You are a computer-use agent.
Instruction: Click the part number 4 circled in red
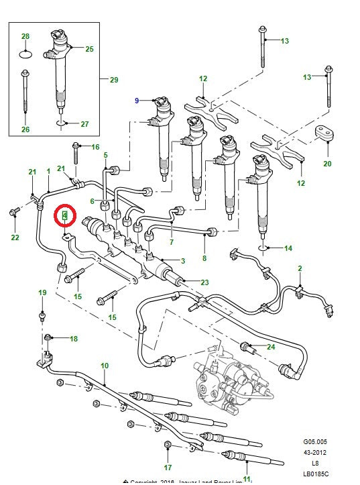pyautogui.click(x=65, y=215)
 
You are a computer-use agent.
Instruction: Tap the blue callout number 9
pyautogui.click(x=137, y=101)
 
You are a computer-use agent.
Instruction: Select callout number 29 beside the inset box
pyautogui.click(x=113, y=80)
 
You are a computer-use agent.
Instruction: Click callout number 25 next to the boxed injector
pyautogui.click(x=89, y=49)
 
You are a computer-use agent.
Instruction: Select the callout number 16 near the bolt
pyautogui.click(x=95, y=147)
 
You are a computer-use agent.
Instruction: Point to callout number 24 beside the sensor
pyautogui.click(x=271, y=347)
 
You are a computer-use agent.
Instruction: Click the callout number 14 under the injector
pyautogui.click(x=288, y=248)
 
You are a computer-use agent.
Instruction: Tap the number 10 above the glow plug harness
pyautogui.click(x=104, y=366)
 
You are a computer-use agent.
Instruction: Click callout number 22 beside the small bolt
pyautogui.click(x=15, y=237)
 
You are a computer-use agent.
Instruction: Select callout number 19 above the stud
pyautogui.click(x=42, y=293)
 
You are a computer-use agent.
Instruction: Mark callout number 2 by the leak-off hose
pyautogui.click(x=299, y=269)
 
